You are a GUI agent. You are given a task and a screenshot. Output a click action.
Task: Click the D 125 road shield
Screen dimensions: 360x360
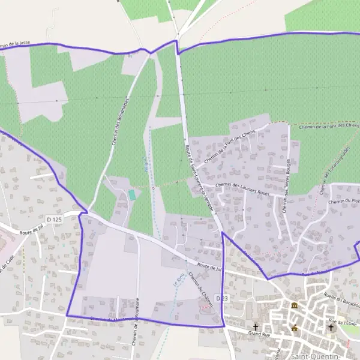[54, 220]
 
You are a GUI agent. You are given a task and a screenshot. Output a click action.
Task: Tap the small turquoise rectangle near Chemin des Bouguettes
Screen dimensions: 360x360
[132, 194]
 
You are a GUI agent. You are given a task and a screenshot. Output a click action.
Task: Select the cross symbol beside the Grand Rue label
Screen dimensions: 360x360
[255, 326]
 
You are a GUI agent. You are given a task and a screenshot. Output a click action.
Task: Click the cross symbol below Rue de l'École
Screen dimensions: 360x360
[330, 328]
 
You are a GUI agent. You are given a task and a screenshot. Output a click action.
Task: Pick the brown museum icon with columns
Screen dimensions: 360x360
[294, 306]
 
